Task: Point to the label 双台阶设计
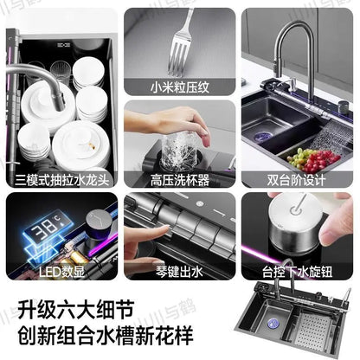point(297,180)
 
